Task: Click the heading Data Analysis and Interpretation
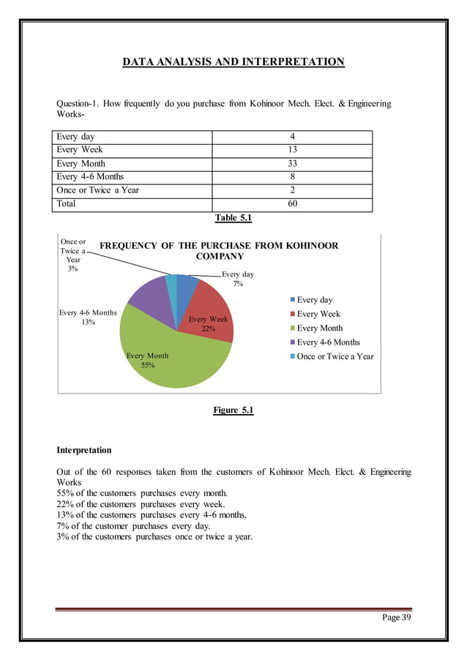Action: tap(233, 62)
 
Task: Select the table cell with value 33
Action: tap(292, 164)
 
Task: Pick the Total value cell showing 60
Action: tap(292, 204)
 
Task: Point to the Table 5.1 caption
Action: tap(233, 218)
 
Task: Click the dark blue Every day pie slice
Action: tap(187, 286)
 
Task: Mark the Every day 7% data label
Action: tap(238, 279)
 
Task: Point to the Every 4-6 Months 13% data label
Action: tap(88, 317)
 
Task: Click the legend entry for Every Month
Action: tap(319, 328)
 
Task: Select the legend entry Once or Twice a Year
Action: tap(335, 356)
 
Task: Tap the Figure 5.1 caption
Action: tap(233, 410)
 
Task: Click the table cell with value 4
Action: tap(292, 137)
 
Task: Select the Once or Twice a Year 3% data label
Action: tap(72, 255)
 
